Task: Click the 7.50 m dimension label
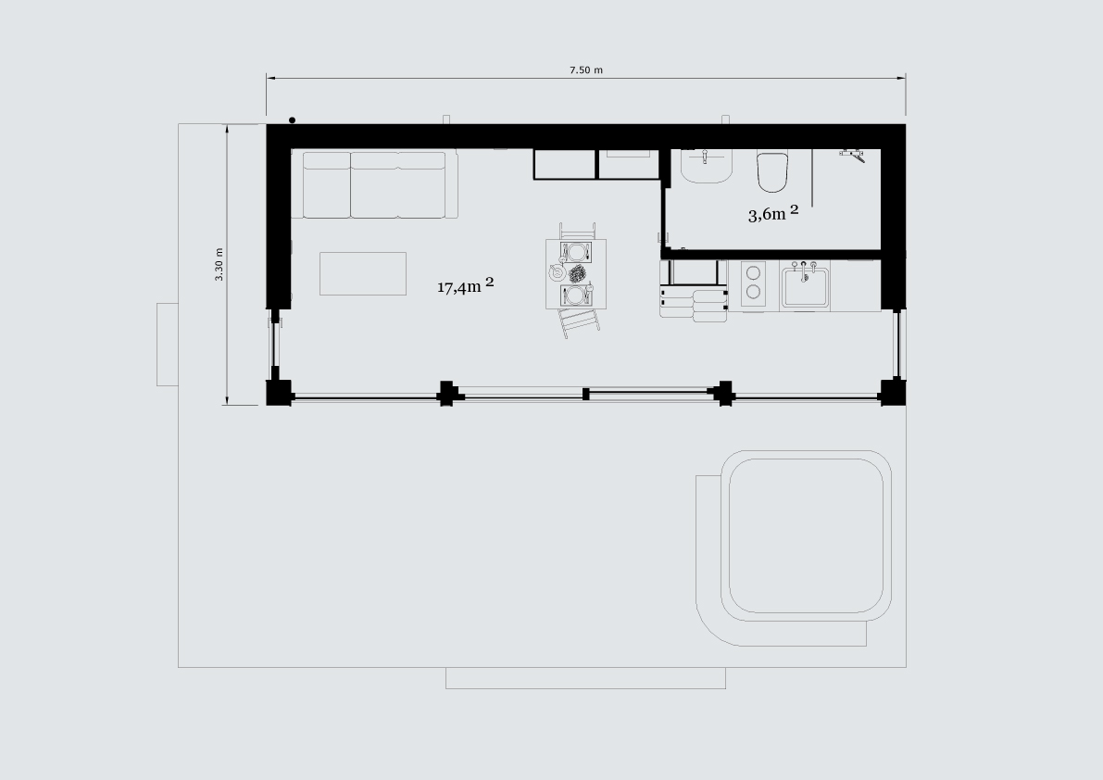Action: (586, 69)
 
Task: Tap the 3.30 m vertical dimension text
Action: (219, 264)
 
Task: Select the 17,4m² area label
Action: (465, 284)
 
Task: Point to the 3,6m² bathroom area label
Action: (773, 214)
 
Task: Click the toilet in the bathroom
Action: (771, 170)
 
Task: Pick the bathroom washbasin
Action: (707, 166)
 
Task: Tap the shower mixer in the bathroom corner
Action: (853, 154)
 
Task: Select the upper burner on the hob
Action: (753, 271)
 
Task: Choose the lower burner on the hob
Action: (753, 292)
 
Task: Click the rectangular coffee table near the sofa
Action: (363, 273)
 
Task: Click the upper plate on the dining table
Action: (575, 252)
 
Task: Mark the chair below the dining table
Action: (579, 322)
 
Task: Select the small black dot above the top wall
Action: (292, 120)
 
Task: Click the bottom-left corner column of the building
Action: (280, 393)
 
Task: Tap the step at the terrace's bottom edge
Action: (586, 678)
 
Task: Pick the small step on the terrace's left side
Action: (168, 345)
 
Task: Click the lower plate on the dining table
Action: (575, 296)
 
